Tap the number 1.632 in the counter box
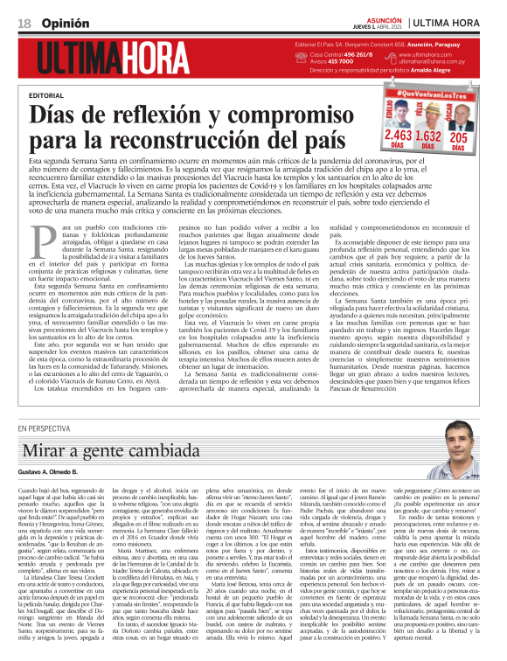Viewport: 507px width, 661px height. click(428, 136)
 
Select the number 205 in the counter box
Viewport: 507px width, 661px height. click(460, 136)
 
